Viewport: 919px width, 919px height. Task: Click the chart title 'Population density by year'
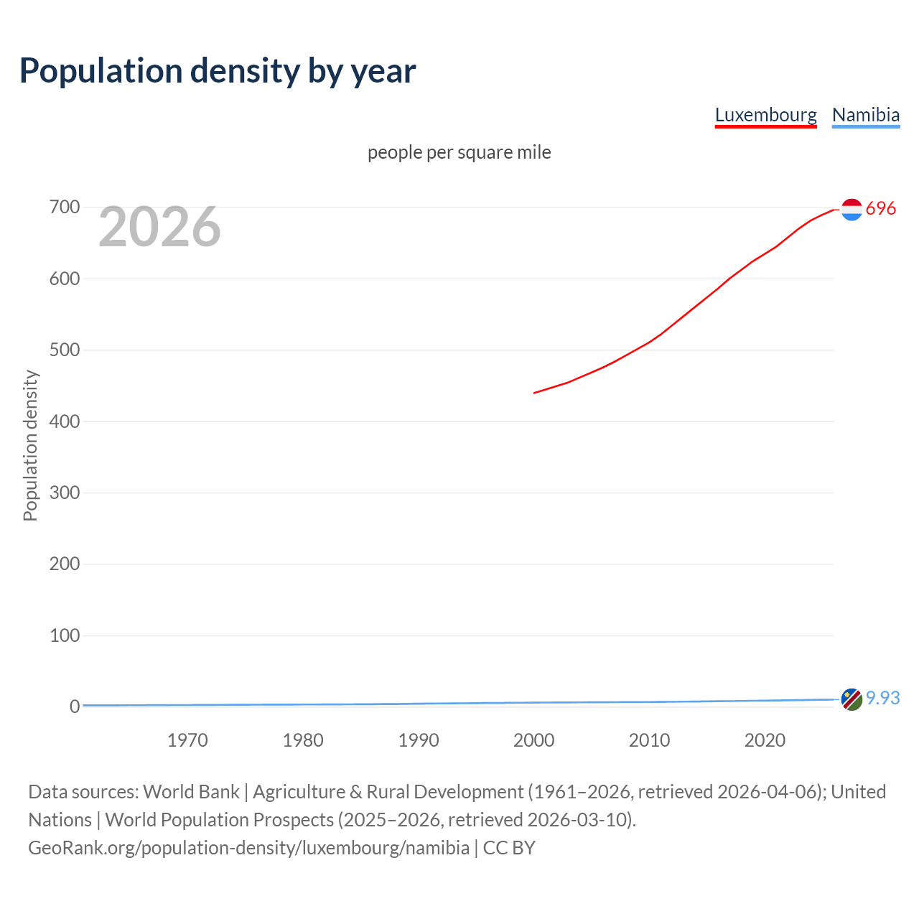point(218,71)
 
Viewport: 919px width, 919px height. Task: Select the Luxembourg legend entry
point(765,115)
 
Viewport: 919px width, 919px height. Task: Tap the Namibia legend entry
point(865,115)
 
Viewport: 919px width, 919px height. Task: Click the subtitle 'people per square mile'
point(459,153)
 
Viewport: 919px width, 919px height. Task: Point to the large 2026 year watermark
point(159,227)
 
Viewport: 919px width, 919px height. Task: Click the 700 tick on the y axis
point(64,207)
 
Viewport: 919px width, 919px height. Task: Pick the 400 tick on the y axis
point(64,421)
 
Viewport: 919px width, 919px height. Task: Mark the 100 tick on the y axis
point(64,635)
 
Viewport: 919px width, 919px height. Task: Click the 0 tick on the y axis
point(74,706)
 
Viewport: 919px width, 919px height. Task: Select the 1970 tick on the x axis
point(187,740)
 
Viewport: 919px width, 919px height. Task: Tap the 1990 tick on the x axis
point(419,740)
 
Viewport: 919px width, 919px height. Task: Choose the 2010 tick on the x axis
point(649,740)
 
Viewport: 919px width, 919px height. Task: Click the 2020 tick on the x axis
point(765,740)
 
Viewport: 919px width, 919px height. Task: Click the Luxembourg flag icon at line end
point(852,209)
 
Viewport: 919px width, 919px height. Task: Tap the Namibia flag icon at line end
point(852,699)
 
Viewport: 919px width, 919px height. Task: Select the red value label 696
point(881,209)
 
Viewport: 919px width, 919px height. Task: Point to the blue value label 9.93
point(882,698)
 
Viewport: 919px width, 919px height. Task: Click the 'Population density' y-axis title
point(30,445)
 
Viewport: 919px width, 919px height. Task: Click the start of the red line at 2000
point(535,393)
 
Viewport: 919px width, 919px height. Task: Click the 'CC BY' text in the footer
point(509,848)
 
